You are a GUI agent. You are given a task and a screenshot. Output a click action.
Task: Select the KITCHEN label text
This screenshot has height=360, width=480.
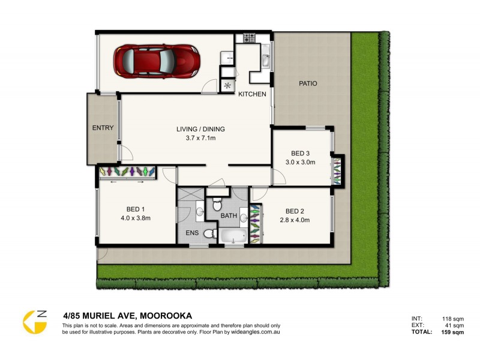click(252, 95)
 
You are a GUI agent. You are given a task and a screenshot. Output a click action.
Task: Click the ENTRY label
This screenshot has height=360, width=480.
click(103, 128)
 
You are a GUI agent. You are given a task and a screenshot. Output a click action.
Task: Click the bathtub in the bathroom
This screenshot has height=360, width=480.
click(232, 236)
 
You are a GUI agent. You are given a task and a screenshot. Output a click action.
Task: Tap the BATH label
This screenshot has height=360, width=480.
click(229, 215)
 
